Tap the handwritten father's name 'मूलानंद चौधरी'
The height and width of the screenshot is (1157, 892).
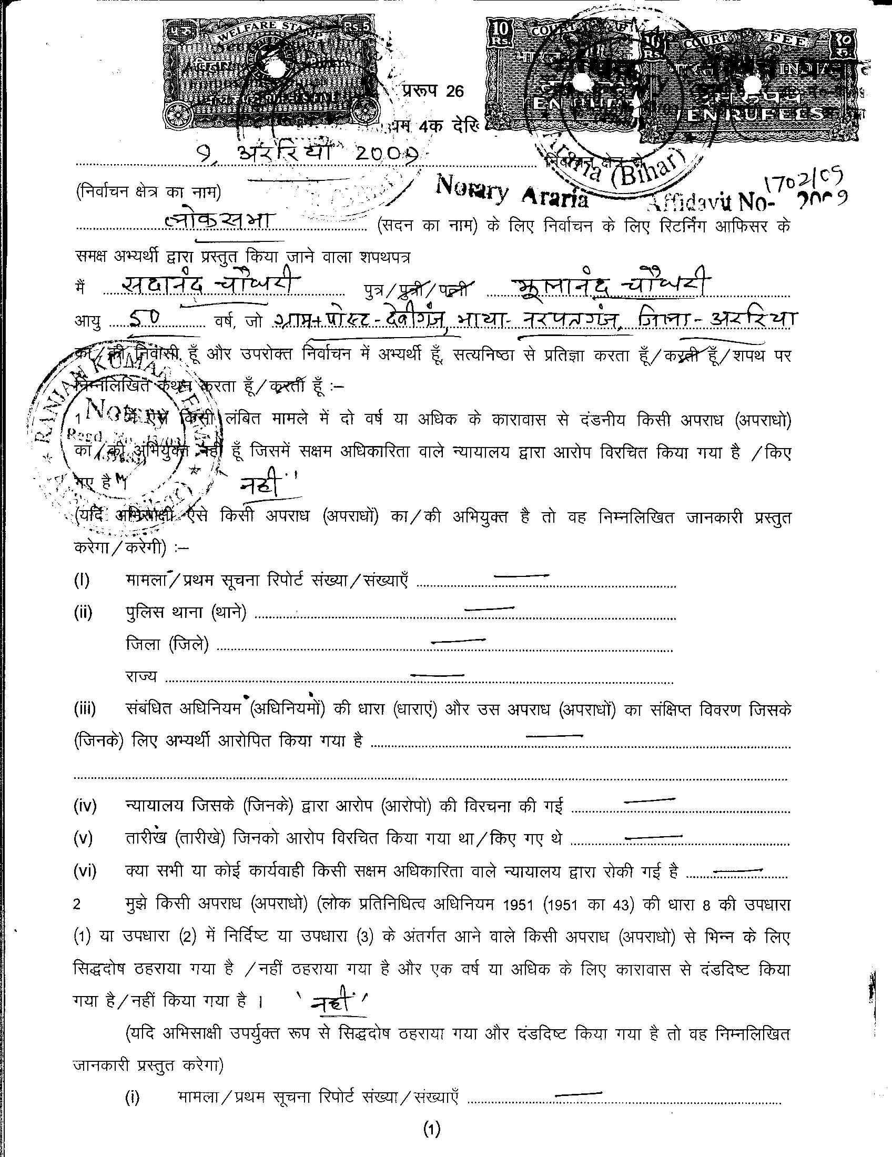coord(612,286)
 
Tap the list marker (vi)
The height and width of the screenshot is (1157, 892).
coord(85,871)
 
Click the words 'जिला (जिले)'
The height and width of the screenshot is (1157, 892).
coord(167,645)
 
